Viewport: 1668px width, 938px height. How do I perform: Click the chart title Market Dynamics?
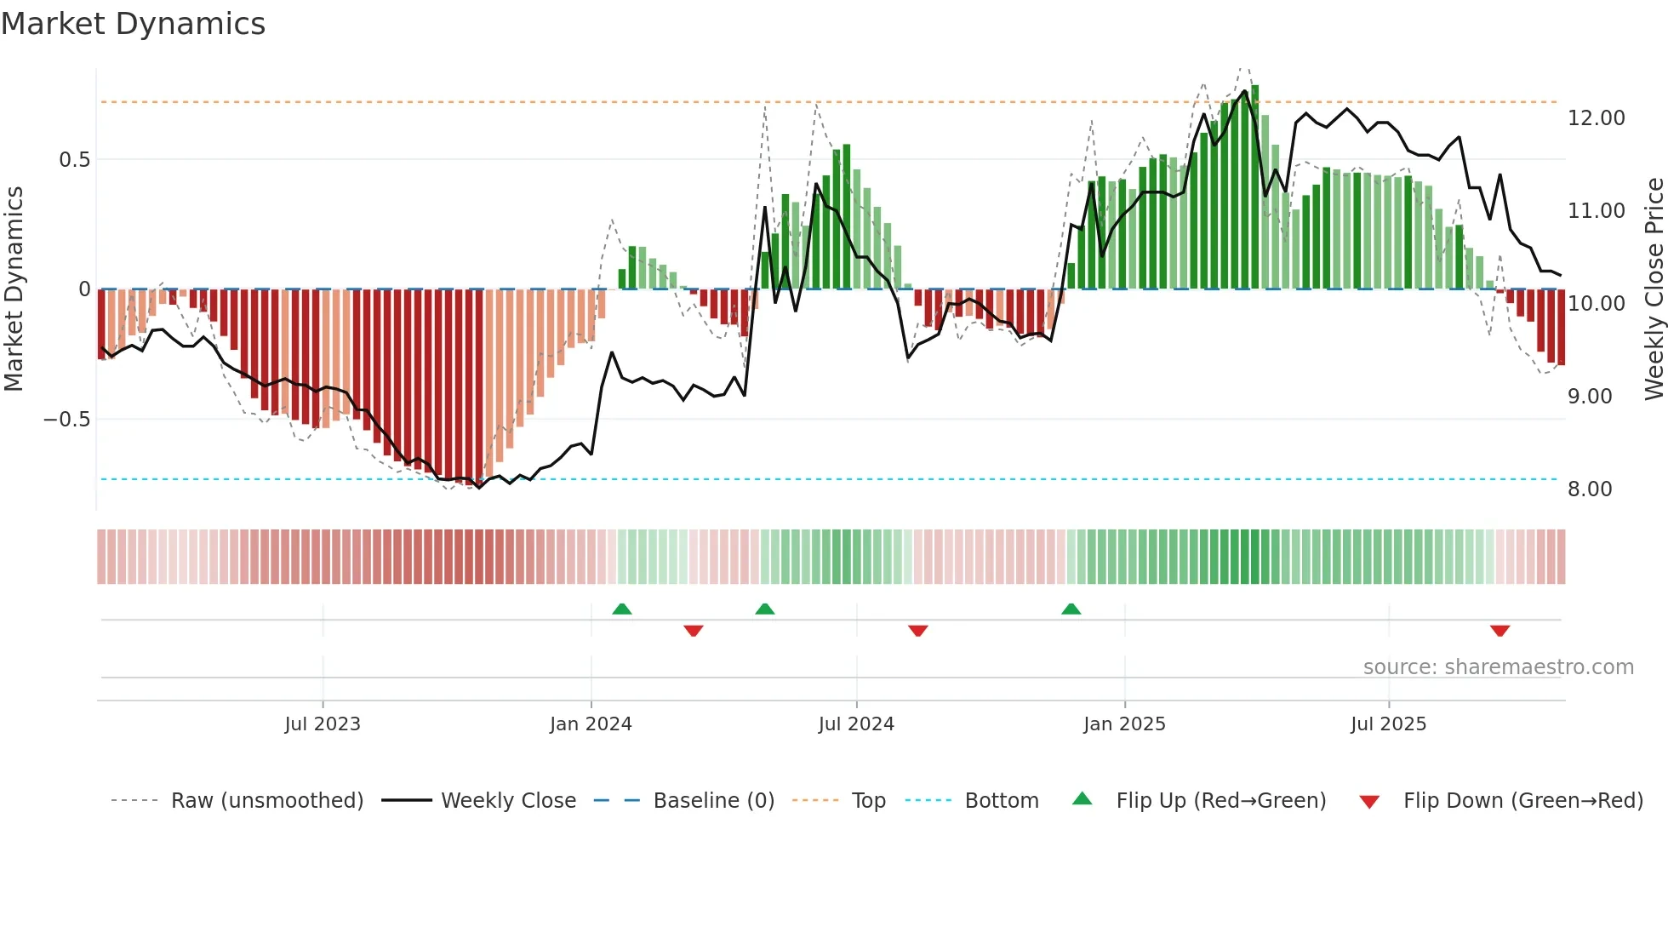pos(133,24)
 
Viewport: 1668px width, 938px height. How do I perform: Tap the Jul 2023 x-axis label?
pos(323,724)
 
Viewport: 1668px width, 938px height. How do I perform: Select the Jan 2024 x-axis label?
pos(591,724)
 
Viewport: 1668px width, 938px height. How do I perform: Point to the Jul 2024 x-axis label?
pos(856,724)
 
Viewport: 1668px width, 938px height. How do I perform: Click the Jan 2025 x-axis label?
pos(1124,724)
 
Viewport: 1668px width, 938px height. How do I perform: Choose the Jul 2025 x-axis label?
pos(1388,724)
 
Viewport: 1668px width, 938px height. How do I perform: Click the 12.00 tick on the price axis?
pos(1597,118)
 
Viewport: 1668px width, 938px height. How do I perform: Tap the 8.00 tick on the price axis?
pos(1590,489)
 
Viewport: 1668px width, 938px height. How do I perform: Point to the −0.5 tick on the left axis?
pos(66,420)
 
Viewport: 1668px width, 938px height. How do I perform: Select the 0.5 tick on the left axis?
pos(74,160)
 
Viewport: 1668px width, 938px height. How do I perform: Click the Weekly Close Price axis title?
pos(1654,289)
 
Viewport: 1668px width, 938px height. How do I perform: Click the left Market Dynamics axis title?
pos(14,289)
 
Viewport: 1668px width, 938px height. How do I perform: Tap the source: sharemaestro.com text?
pos(1498,667)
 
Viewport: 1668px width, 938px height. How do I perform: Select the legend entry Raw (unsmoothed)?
pos(266,801)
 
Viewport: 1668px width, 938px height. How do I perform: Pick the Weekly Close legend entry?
pos(508,801)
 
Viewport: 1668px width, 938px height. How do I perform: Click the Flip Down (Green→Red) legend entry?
pos(1522,801)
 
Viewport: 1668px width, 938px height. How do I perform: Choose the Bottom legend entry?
pos(1001,801)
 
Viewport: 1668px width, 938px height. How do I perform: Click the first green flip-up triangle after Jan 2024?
pos(622,609)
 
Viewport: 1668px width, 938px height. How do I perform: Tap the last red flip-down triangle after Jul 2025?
pos(1499,631)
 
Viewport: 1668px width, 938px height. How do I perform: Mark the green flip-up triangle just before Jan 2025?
pos(1071,609)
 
